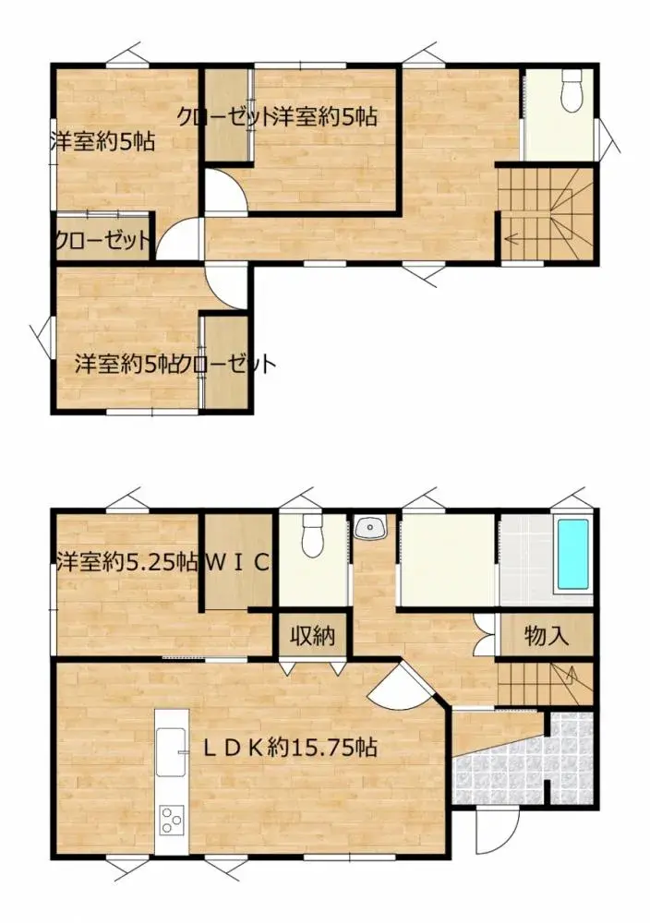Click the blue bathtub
[572, 554]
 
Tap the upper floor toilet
[572, 90]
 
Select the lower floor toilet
[311, 535]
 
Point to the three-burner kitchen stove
[172, 819]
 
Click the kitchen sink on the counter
[172, 752]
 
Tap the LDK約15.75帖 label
[290, 748]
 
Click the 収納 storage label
[312, 635]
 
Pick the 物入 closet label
[546, 635]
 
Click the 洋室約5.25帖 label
[127, 563]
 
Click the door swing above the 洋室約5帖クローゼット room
[227, 286]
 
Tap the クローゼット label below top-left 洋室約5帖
[102, 241]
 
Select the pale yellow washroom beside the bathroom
[449, 560]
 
